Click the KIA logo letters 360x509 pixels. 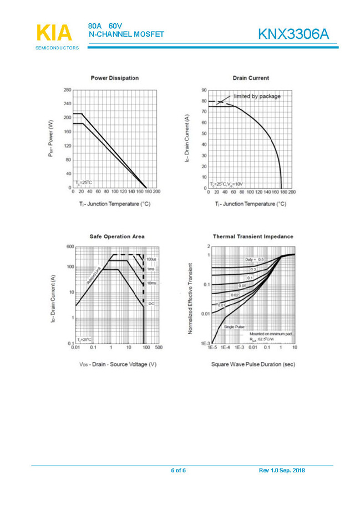click(x=54, y=33)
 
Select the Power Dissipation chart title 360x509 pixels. click(x=114, y=78)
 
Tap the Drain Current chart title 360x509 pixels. click(x=251, y=78)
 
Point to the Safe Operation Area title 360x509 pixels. click(x=117, y=236)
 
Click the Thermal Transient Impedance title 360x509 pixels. click(x=253, y=236)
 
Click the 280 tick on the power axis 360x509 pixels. click(x=67, y=89)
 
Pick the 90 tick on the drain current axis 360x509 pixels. click(x=204, y=89)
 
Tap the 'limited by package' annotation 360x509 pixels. click(x=257, y=96)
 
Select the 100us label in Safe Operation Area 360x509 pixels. click(x=151, y=259)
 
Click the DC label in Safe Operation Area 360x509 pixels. click(x=151, y=304)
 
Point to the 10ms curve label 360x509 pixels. click(x=151, y=283)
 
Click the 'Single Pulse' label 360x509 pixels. click(x=234, y=327)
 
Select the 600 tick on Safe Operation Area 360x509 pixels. click(x=70, y=246)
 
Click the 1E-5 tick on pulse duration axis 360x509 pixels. click(x=212, y=347)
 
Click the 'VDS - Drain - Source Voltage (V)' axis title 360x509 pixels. click(x=117, y=364)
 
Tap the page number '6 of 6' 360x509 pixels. click(x=178, y=471)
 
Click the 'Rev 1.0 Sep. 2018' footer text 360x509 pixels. click(x=282, y=471)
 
